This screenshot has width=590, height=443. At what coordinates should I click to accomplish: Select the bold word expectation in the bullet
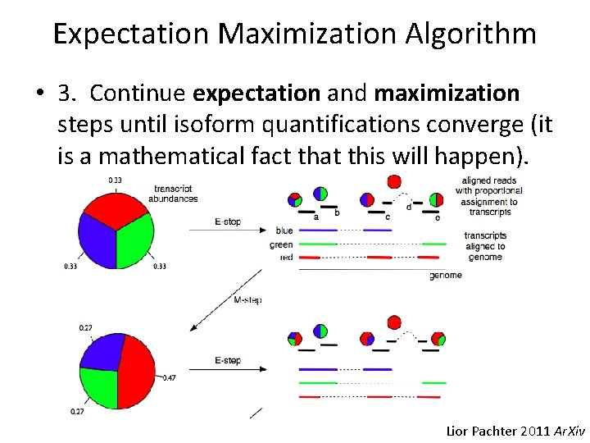point(257,94)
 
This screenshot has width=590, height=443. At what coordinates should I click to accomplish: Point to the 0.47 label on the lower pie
point(170,378)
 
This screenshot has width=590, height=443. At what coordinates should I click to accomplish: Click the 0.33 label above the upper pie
point(115,180)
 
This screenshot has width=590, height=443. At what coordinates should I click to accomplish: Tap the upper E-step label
point(227,221)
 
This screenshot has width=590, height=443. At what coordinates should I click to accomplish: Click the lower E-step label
point(227,361)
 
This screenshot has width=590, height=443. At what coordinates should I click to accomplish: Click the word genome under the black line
point(445,276)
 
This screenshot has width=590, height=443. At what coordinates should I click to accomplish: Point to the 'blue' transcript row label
point(284,231)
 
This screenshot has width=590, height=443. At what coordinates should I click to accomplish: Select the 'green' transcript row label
point(281,244)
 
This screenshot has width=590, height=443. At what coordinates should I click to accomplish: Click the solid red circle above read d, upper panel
point(394,181)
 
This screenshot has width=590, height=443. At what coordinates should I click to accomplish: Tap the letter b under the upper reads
point(338,213)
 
